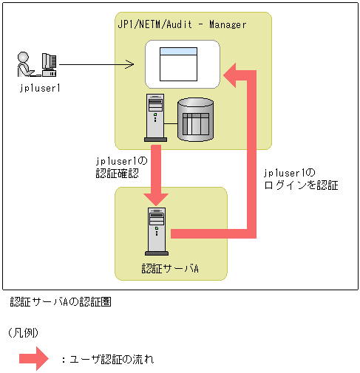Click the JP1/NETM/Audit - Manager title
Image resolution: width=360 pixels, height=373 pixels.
182,24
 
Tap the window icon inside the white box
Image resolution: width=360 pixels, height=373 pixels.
178,64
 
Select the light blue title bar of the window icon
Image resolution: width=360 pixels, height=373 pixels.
178,51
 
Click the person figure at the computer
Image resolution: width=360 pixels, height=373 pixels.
25,64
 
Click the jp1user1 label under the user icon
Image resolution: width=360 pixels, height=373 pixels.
40,89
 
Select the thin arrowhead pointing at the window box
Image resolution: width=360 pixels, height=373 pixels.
129,64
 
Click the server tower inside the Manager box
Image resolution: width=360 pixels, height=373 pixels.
155,117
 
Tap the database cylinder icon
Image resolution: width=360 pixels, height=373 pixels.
196,120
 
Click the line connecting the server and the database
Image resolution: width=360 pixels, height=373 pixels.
171,123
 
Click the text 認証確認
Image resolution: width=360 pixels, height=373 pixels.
118,174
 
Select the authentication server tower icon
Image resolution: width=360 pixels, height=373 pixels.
157,231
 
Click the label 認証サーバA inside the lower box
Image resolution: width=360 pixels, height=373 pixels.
170,268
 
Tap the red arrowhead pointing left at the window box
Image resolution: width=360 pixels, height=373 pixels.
230,75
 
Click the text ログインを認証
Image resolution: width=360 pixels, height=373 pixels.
301,185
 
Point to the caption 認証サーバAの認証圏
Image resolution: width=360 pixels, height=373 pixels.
61,302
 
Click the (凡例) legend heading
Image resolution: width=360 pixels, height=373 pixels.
23,333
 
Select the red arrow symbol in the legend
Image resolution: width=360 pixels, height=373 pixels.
34,358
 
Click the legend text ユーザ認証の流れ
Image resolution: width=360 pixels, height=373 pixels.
112,360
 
